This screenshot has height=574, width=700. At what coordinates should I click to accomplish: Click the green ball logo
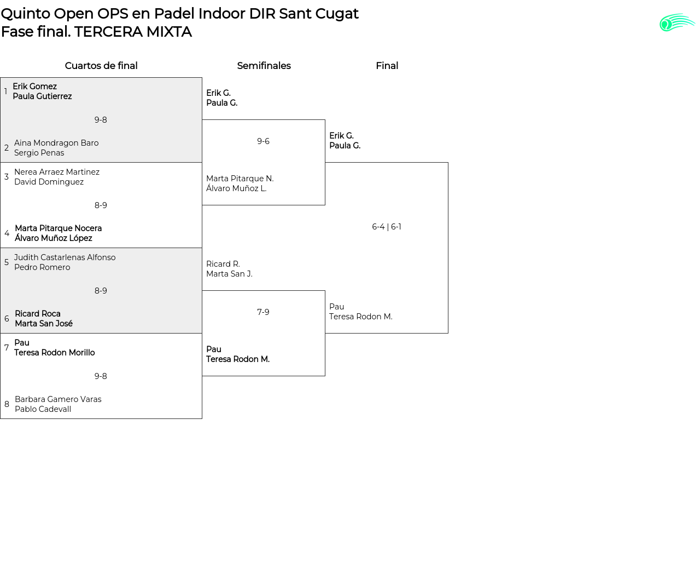[x=676, y=23]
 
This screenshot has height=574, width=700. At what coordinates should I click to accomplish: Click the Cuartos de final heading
[x=101, y=66]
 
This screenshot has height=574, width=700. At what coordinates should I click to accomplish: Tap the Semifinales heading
[x=264, y=66]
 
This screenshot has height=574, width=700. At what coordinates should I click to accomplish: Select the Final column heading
[x=387, y=66]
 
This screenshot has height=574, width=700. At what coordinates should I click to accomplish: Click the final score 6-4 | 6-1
[x=387, y=227]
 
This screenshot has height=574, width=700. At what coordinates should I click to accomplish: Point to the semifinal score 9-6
[x=263, y=141]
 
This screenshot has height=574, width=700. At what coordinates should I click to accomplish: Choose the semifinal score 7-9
[x=263, y=312]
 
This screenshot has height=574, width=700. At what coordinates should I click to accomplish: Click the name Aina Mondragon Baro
[x=56, y=143]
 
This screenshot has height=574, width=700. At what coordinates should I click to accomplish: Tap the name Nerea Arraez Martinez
[x=57, y=172]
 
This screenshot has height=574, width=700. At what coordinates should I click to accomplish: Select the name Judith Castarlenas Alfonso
[x=65, y=257]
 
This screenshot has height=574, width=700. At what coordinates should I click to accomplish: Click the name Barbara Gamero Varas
[x=58, y=399]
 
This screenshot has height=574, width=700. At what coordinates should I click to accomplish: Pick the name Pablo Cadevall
[x=43, y=409]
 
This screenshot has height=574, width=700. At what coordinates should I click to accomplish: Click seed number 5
[x=7, y=262]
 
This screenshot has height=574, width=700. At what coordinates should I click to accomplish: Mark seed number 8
[x=7, y=404]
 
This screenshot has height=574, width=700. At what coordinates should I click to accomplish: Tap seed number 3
[x=7, y=177]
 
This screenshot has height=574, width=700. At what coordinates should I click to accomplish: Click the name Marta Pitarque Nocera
[x=58, y=228]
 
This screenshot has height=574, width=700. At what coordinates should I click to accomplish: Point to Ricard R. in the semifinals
[x=223, y=264]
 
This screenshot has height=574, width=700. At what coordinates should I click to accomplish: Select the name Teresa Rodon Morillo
[x=54, y=353]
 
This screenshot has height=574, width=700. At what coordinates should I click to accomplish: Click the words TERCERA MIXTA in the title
[x=133, y=32]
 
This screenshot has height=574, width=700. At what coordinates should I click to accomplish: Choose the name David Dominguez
[x=49, y=182]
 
